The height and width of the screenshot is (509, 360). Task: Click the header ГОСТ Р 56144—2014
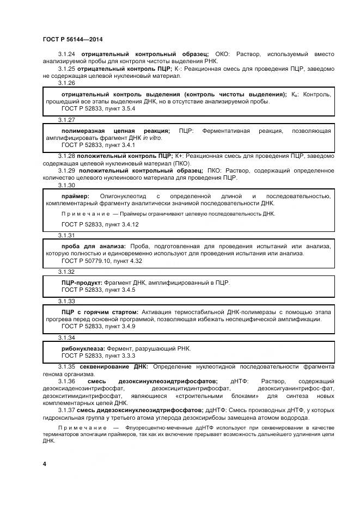(72, 40)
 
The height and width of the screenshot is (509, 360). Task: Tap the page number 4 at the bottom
(44, 463)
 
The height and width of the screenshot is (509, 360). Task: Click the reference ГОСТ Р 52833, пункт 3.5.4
(98, 108)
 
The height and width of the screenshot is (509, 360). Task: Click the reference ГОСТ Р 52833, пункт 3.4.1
(98, 145)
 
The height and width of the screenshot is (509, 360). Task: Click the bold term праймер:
(75, 196)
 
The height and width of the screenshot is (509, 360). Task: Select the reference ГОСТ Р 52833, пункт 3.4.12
(100, 224)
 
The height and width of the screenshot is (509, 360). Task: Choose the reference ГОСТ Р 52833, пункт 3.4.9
(98, 326)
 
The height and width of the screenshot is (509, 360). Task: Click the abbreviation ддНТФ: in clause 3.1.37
(215, 410)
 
